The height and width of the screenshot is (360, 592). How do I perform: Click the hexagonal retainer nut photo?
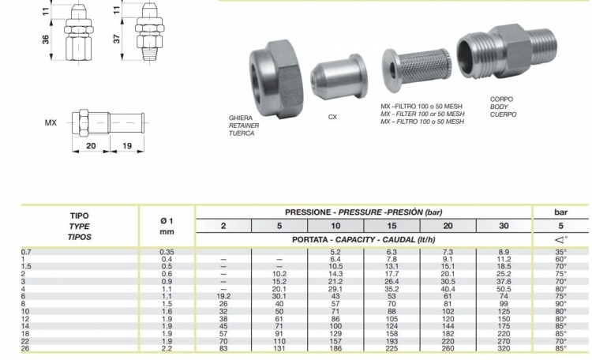point(275,79)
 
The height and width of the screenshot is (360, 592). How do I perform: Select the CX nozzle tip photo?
point(339,77)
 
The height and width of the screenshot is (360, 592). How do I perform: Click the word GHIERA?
point(240,118)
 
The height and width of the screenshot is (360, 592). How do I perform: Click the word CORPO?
point(501,99)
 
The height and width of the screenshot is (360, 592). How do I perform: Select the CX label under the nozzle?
point(332,117)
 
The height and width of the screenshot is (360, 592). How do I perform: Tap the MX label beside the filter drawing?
point(51,123)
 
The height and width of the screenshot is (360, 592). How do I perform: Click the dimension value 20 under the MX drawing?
point(91,146)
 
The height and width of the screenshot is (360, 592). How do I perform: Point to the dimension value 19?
point(127,146)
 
